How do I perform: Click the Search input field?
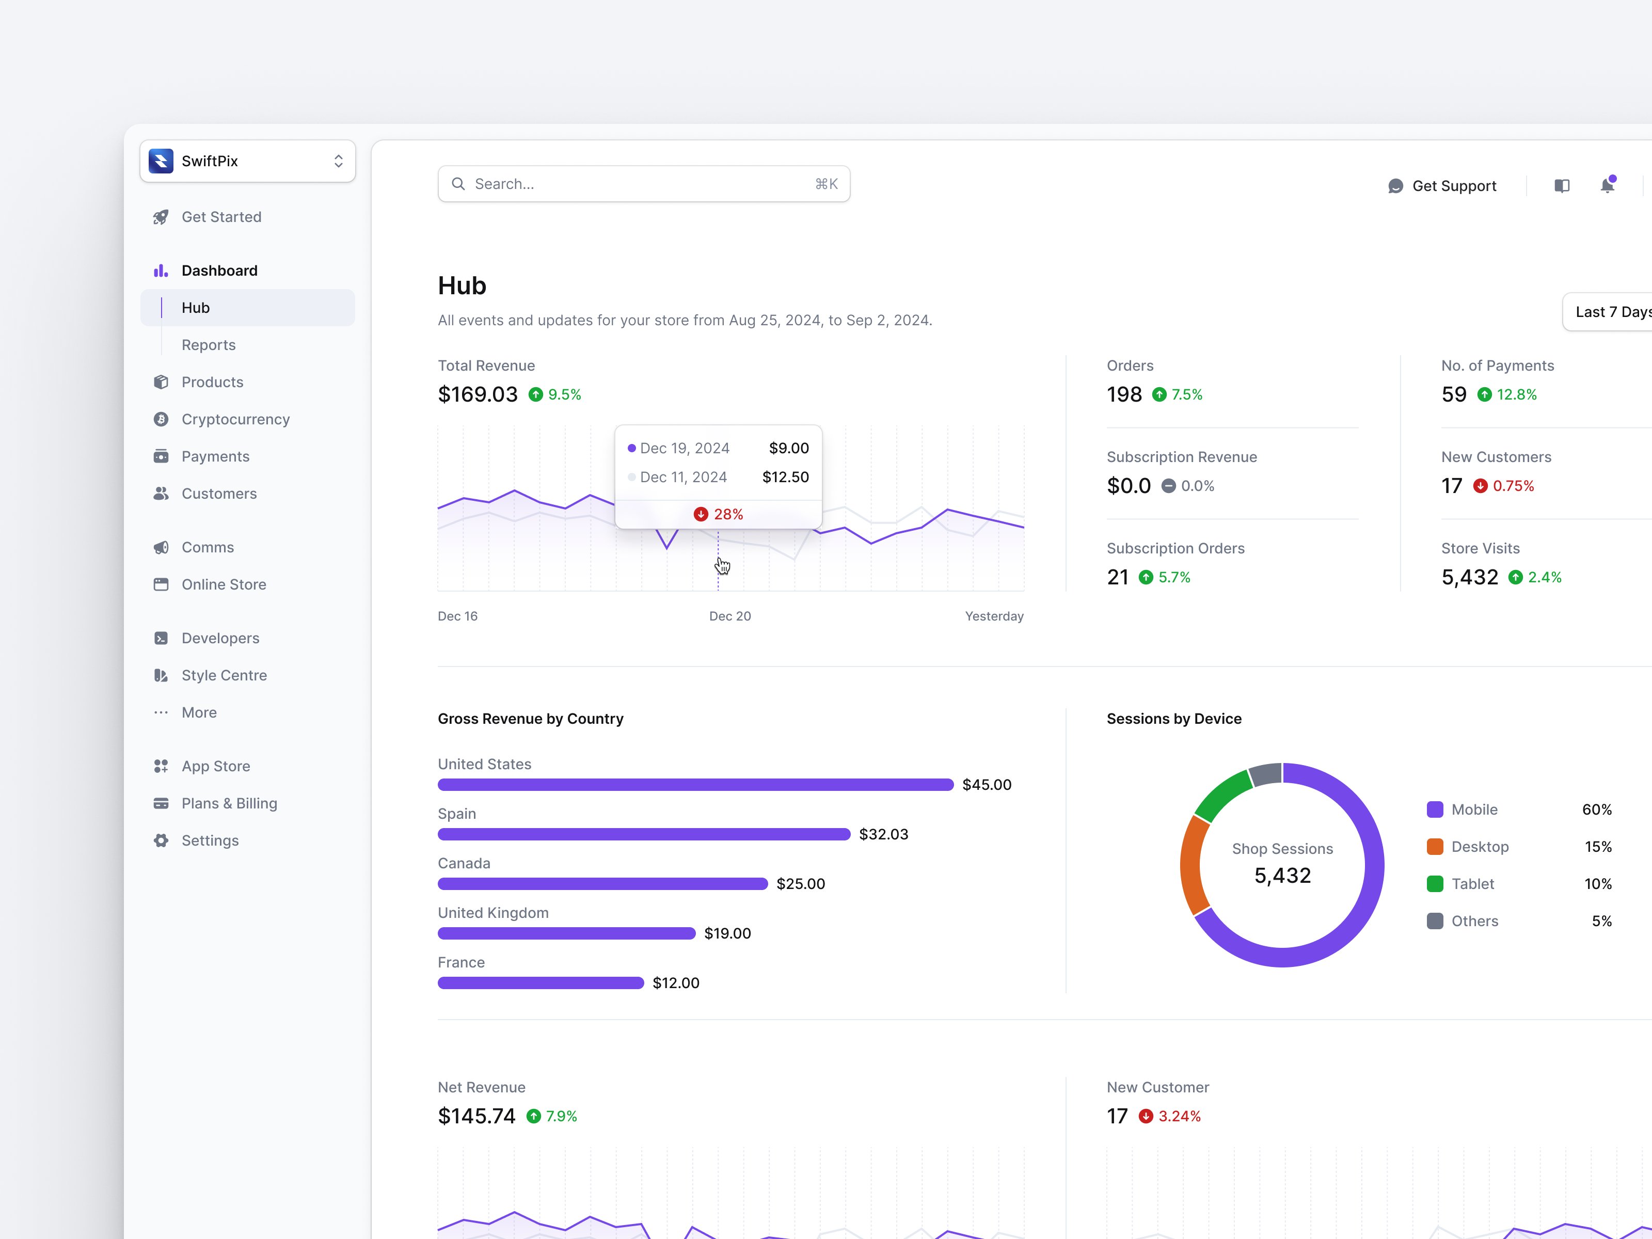[642, 184]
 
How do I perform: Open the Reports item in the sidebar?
[209, 345]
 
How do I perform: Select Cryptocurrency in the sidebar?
[235, 419]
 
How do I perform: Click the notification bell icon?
[1607, 185]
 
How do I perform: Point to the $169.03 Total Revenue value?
[477, 394]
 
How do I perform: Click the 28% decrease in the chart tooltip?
[719, 514]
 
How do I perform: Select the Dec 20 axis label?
[729, 616]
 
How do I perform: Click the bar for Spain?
[643, 834]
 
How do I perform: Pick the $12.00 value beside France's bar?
[675, 983]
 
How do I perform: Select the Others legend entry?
[1474, 921]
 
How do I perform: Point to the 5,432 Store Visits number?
[1469, 577]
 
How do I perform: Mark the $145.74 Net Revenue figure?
[476, 1116]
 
